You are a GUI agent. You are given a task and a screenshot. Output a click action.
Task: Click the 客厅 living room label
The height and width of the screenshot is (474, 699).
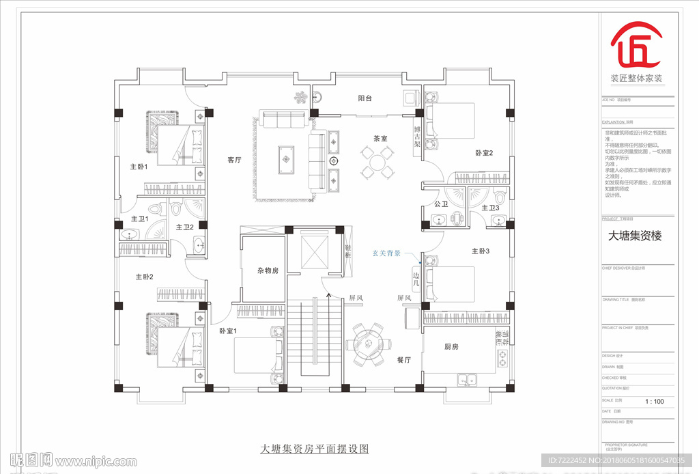point(235,161)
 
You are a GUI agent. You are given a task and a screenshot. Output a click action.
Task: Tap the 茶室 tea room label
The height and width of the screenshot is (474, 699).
point(380,139)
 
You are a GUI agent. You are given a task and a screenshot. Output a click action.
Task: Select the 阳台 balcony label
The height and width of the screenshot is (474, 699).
point(365,98)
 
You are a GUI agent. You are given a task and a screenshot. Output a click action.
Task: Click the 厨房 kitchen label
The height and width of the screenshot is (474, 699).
point(451,347)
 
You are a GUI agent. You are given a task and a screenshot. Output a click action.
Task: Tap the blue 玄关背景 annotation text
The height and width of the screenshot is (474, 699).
point(386,253)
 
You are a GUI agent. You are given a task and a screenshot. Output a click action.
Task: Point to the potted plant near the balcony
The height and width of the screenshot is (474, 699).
point(300,98)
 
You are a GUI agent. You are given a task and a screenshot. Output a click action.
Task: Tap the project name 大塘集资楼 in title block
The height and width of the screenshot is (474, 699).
point(635,236)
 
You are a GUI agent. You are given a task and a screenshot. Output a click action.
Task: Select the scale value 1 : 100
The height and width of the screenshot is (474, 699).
point(654,402)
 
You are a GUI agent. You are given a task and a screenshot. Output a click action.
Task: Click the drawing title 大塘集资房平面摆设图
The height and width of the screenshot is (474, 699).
point(315,449)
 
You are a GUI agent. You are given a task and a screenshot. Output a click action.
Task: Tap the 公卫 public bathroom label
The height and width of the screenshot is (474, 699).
point(440,204)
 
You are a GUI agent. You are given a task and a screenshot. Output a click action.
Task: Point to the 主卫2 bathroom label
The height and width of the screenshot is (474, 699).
point(185,227)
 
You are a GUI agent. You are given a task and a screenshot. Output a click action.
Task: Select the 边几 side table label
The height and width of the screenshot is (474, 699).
point(416,280)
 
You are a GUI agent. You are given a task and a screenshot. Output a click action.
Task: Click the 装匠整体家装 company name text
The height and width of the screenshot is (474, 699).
point(636,79)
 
